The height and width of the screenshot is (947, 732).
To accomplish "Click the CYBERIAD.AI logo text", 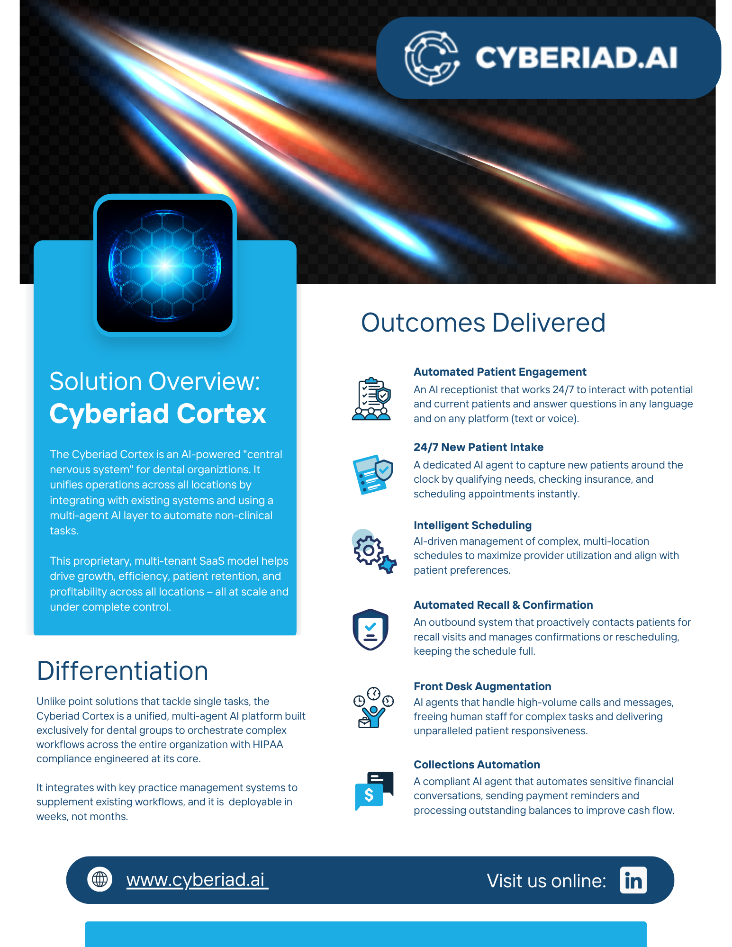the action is (x=576, y=58).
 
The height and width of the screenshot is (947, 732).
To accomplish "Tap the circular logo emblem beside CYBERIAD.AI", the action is (x=432, y=58).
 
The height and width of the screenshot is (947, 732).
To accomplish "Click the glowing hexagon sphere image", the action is (x=165, y=265).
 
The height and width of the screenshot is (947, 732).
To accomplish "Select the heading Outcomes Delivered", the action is (x=483, y=323).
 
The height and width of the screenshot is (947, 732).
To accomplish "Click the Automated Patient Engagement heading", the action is (x=500, y=372).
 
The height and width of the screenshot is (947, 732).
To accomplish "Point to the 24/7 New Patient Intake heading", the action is (x=479, y=447).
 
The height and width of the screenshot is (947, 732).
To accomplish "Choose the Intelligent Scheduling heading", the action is (x=472, y=525).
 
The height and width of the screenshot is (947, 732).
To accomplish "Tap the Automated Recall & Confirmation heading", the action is (x=503, y=605).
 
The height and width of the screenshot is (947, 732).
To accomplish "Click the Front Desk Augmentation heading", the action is (x=482, y=686).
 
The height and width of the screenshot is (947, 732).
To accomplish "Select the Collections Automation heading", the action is (x=477, y=765).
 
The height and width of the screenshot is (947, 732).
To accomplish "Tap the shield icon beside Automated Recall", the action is (x=371, y=630).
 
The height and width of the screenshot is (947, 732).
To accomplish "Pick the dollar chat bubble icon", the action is (x=374, y=791).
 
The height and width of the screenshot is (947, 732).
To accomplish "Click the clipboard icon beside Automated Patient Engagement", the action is (x=371, y=399).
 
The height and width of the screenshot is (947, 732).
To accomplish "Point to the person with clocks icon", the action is (x=373, y=707).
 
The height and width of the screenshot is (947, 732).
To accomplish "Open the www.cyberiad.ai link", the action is (x=197, y=880).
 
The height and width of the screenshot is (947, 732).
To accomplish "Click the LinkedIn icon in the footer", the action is (x=633, y=880).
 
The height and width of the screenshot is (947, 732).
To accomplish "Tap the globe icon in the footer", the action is (x=100, y=879).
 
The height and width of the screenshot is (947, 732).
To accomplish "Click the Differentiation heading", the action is (x=123, y=671).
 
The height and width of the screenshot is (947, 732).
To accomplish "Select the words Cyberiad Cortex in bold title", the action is (x=158, y=414).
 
